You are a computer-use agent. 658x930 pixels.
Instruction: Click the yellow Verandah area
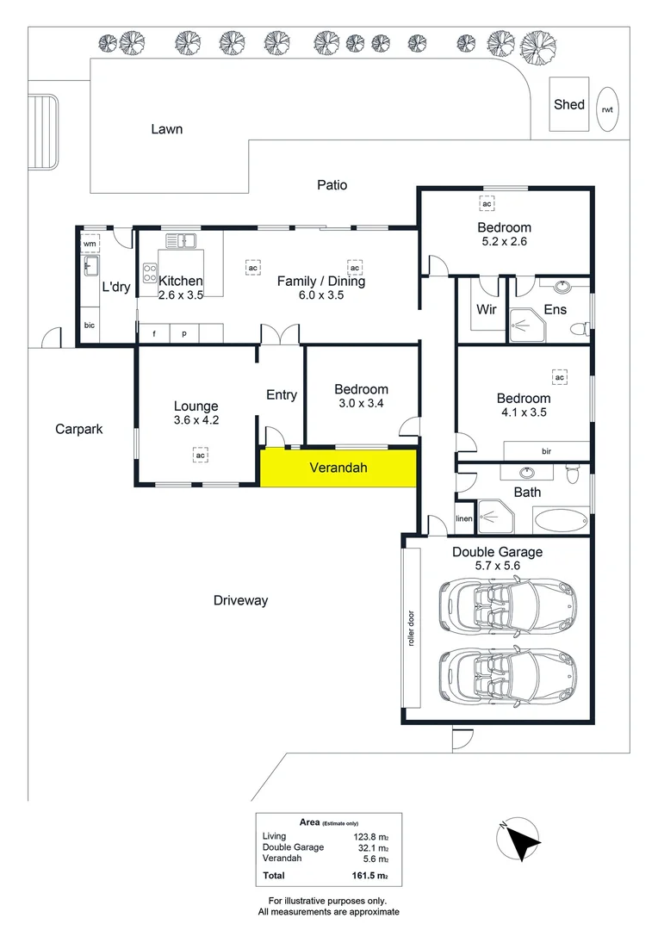(x=338, y=468)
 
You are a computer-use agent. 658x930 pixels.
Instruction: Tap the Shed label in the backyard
(x=568, y=104)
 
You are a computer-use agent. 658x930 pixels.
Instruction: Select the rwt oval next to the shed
(x=608, y=109)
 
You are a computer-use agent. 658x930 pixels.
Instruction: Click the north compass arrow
(x=519, y=840)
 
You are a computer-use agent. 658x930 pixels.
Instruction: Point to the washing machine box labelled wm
(x=90, y=244)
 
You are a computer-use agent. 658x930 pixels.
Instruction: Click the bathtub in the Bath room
(x=562, y=520)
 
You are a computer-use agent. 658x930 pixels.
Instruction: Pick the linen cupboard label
(x=464, y=518)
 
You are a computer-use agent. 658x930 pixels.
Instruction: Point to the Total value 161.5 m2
(x=372, y=877)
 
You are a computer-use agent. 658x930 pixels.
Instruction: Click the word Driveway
(x=240, y=600)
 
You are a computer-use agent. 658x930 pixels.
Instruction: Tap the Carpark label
(x=78, y=428)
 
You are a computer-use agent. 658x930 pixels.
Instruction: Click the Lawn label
(x=166, y=129)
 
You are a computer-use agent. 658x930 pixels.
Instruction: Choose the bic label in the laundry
(x=89, y=325)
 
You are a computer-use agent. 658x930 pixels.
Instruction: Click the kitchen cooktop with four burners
(x=149, y=272)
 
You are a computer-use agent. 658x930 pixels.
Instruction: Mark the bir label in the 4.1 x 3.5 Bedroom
(x=546, y=451)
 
